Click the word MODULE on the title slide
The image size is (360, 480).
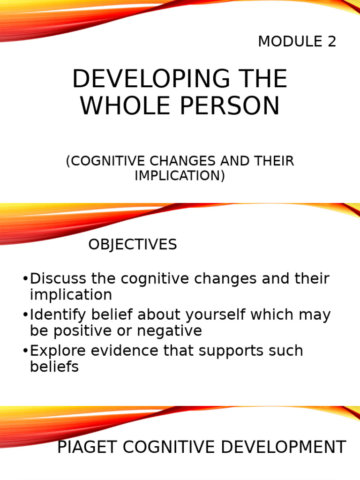tap(285, 42)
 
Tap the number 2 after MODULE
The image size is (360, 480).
tap(332, 42)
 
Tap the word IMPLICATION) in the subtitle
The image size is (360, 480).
tap(180, 175)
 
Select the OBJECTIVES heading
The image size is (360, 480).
tap(133, 244)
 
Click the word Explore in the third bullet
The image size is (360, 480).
tap(56, 351)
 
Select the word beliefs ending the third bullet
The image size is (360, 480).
tap(54, 367)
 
